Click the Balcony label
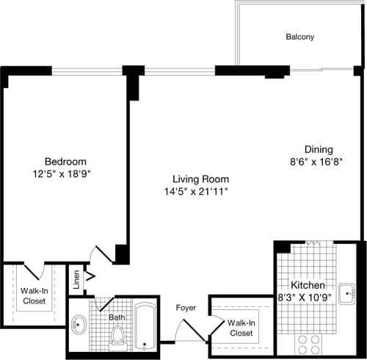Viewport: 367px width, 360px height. pos(299,37)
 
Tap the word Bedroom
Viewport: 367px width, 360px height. pos(65,162)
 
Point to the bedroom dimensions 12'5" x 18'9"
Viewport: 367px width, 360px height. pos(65,174)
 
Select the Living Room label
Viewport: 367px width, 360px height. pos(200,179)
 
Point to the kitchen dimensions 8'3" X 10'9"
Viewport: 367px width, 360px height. pos(314,298)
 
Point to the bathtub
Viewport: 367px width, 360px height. pos(146,327)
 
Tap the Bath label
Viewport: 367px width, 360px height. pos(117,317)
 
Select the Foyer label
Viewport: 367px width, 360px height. pos(186,309)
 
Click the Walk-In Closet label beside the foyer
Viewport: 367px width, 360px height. pos(241,328)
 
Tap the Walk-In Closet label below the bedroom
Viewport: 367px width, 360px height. pos(34,295)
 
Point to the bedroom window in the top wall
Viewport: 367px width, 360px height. pos(87,71)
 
